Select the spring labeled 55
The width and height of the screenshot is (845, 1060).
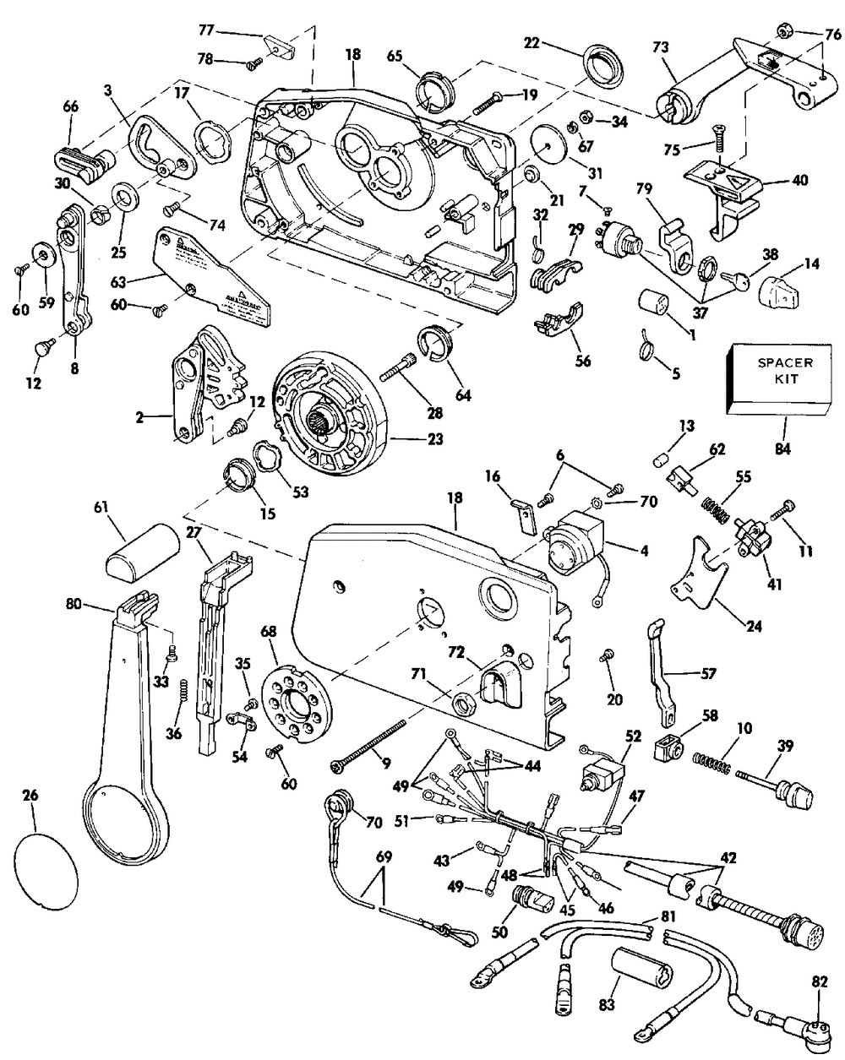tap(716, 511)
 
